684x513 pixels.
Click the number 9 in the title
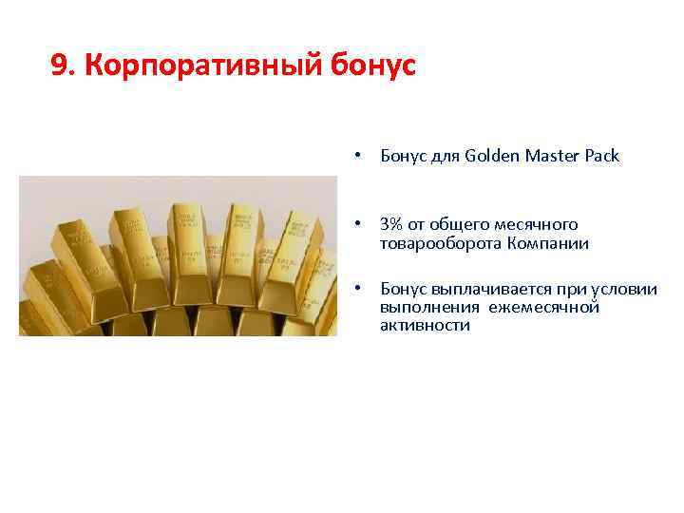click(x=59, y=66)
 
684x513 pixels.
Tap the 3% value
click(x=390, y=224)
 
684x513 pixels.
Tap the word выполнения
click(x=429, y=307)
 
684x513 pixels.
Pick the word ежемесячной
click(x=545, y=307)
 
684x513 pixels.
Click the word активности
click(x=425, y=325)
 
